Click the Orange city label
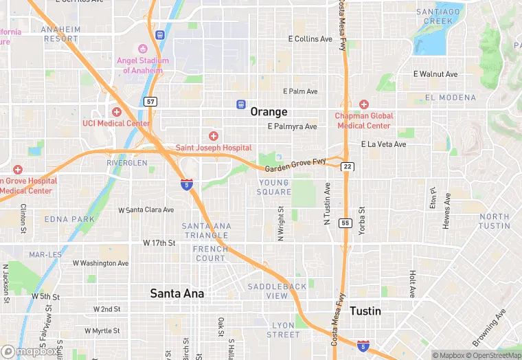(269, 111)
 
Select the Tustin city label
(365, 311)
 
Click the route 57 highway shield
(151, 102)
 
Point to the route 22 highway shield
(348, 167)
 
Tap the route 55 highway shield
(345, 223)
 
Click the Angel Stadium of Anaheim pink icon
(143, 49)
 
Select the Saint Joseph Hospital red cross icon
(214, 136)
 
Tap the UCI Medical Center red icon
(117, 112)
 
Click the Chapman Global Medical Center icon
(364, 104)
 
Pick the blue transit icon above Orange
(241, 104)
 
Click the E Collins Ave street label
(310, 39)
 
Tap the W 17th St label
(159, 243)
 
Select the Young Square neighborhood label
(275, 187)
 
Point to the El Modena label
(451, 98)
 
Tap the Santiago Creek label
(434, 16)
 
